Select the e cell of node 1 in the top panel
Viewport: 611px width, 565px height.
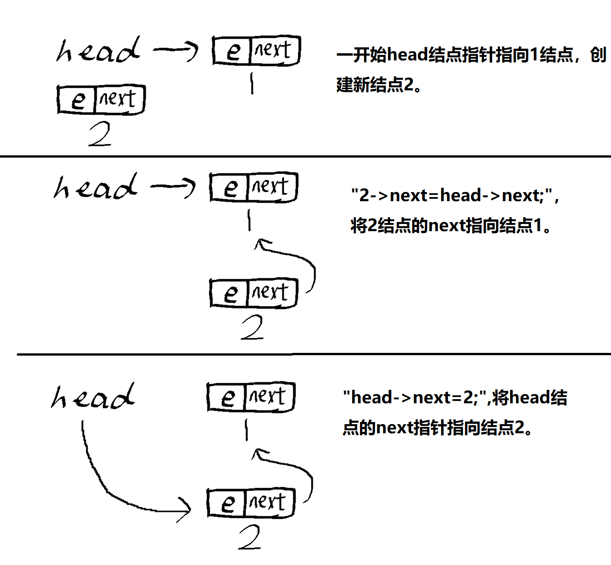[x=232, y=51]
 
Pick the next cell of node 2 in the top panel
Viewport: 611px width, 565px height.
[x=120, y=100]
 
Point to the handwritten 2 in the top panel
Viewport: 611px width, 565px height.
[x=100, y=134]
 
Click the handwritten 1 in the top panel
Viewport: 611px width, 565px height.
[x=252, y=84]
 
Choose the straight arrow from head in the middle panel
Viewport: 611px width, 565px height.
[x=173, y=187]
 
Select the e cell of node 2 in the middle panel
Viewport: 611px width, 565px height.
[x=229, y=293]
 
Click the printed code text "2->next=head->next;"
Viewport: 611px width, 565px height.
[x=451, y=195]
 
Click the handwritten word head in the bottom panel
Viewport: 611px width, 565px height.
[x=93, y=396]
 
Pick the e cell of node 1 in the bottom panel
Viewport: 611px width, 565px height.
[x=227, y=397]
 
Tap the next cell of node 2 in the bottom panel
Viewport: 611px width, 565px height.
[x=269, y=503]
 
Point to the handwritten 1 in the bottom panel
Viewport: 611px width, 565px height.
[x=247, y=430]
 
